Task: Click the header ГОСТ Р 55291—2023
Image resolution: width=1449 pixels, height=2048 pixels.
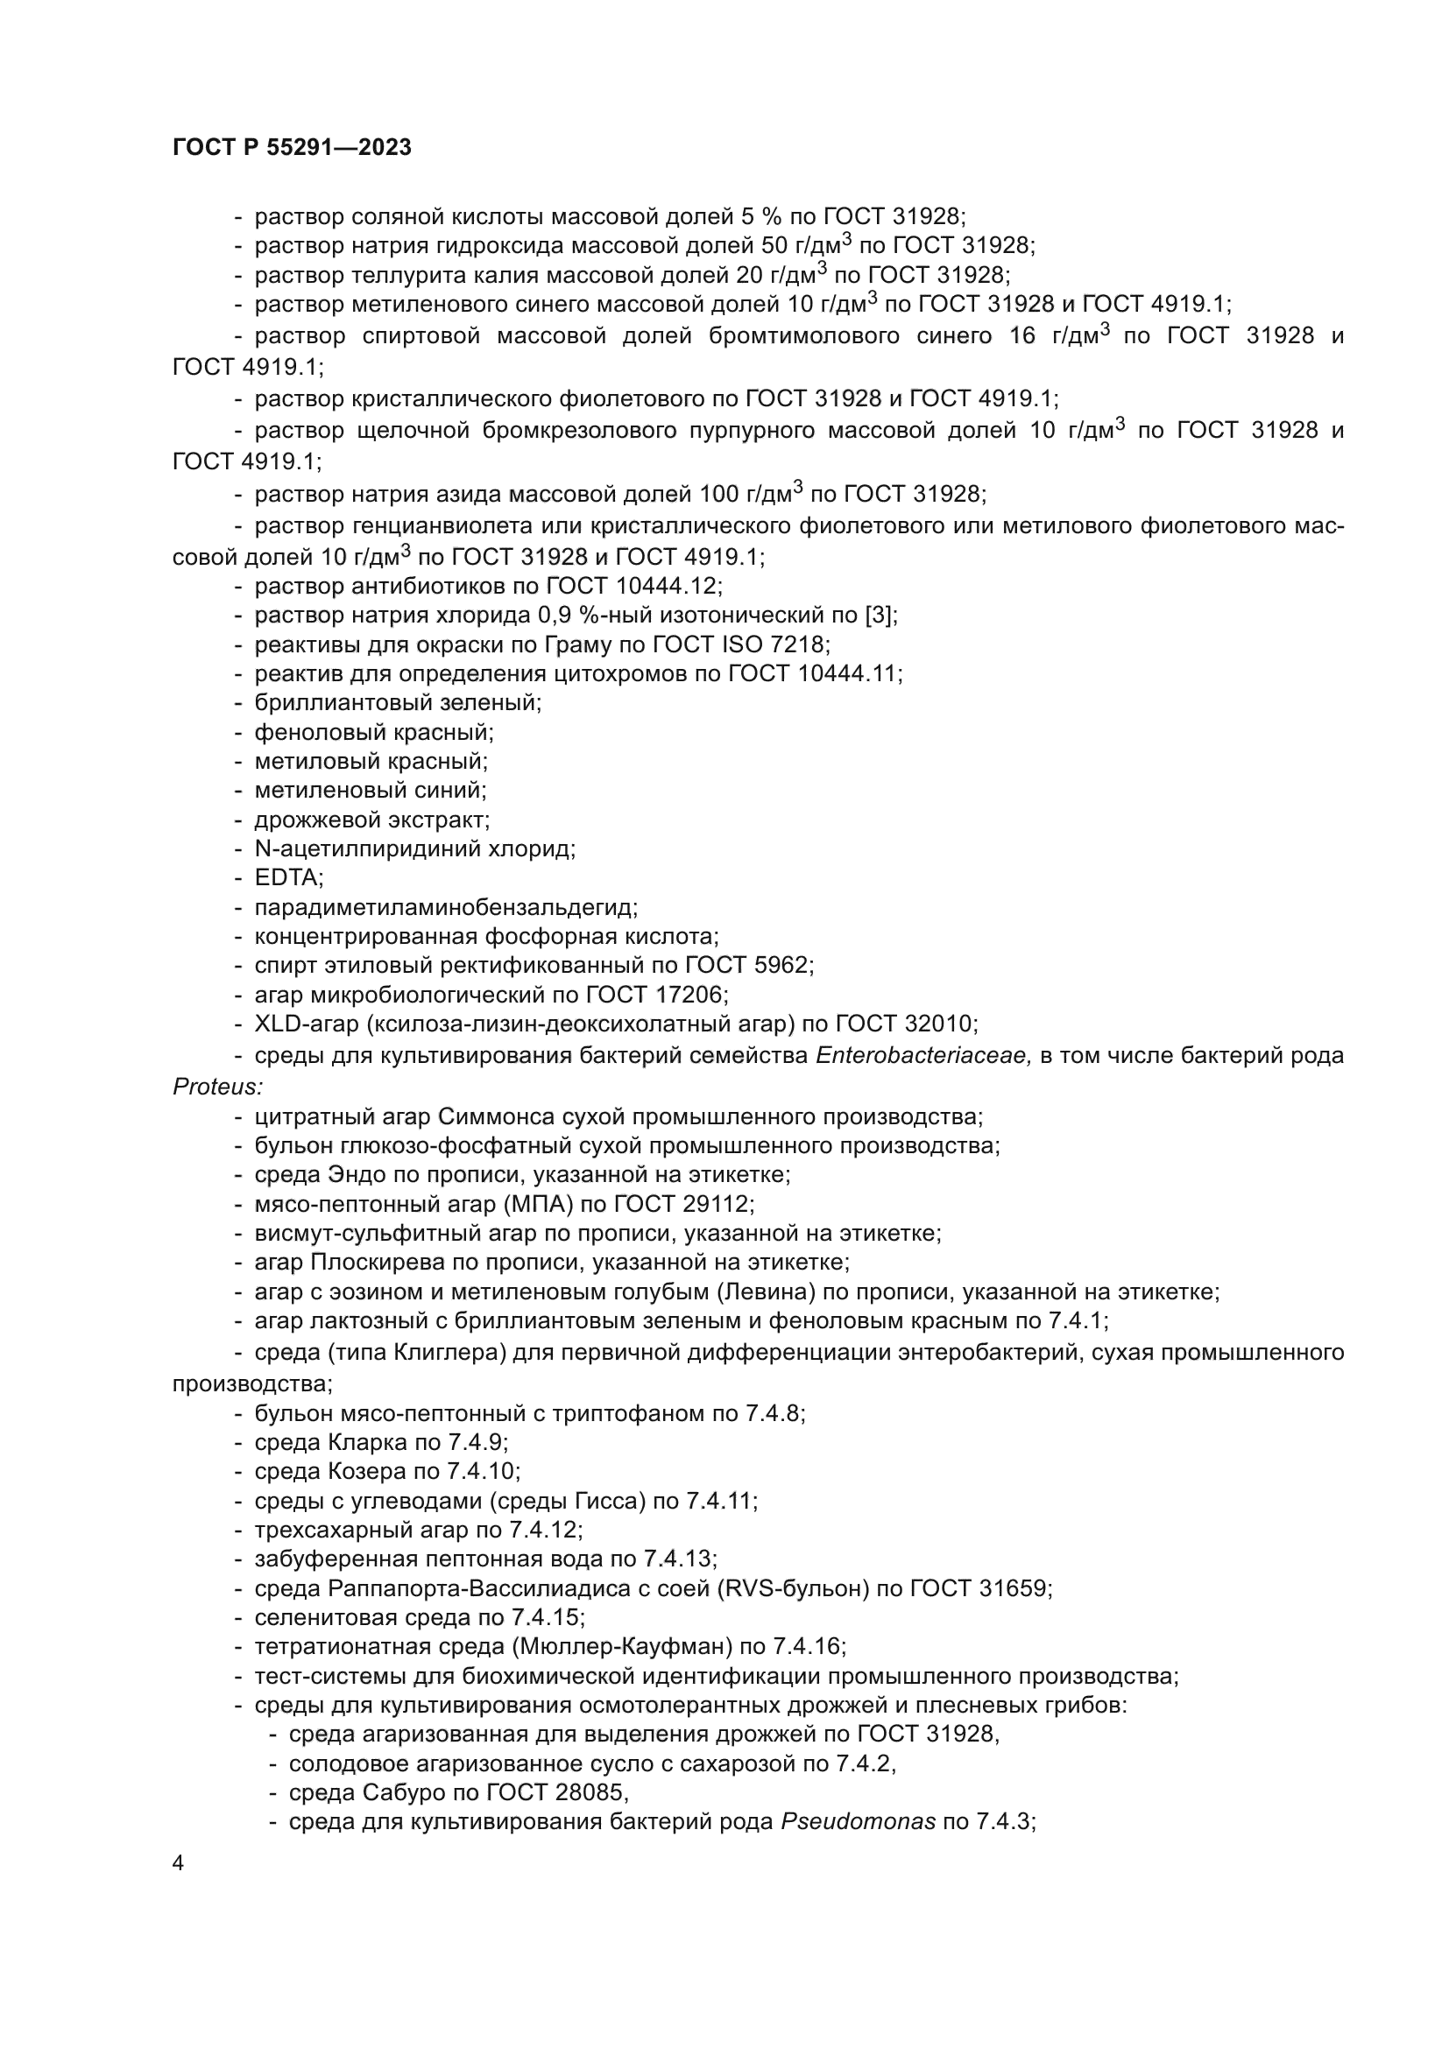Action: (x=292, y=147)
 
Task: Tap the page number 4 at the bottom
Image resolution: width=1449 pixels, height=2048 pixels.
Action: (x=179, y=1863)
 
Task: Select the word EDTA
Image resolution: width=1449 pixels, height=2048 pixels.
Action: (x=287, y=877)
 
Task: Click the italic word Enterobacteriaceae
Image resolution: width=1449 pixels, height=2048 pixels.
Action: (x=923, y=1055)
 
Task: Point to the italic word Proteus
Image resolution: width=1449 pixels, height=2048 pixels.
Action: (x=216, y=1087)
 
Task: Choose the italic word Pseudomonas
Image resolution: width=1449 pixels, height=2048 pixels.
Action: (x=859, y=1821)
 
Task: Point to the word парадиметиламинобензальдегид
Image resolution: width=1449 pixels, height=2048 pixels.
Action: (x=444, y=908)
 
